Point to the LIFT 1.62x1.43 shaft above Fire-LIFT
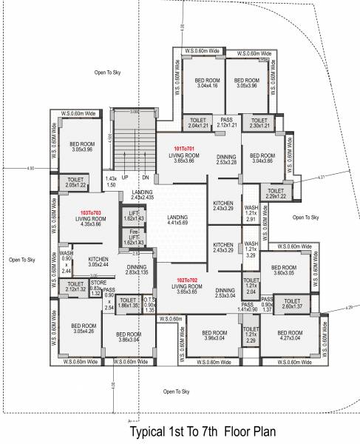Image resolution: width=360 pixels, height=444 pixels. [134, 216]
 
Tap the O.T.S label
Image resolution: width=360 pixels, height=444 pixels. [149, 302]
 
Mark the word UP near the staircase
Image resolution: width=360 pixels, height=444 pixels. [126, 178]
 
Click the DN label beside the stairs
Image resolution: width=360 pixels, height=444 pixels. [145, 178]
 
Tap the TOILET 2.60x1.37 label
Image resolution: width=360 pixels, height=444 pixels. [292, 303]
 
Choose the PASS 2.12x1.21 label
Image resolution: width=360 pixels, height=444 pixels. [226, 122]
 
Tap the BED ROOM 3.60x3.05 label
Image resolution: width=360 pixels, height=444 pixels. [283, 270]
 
